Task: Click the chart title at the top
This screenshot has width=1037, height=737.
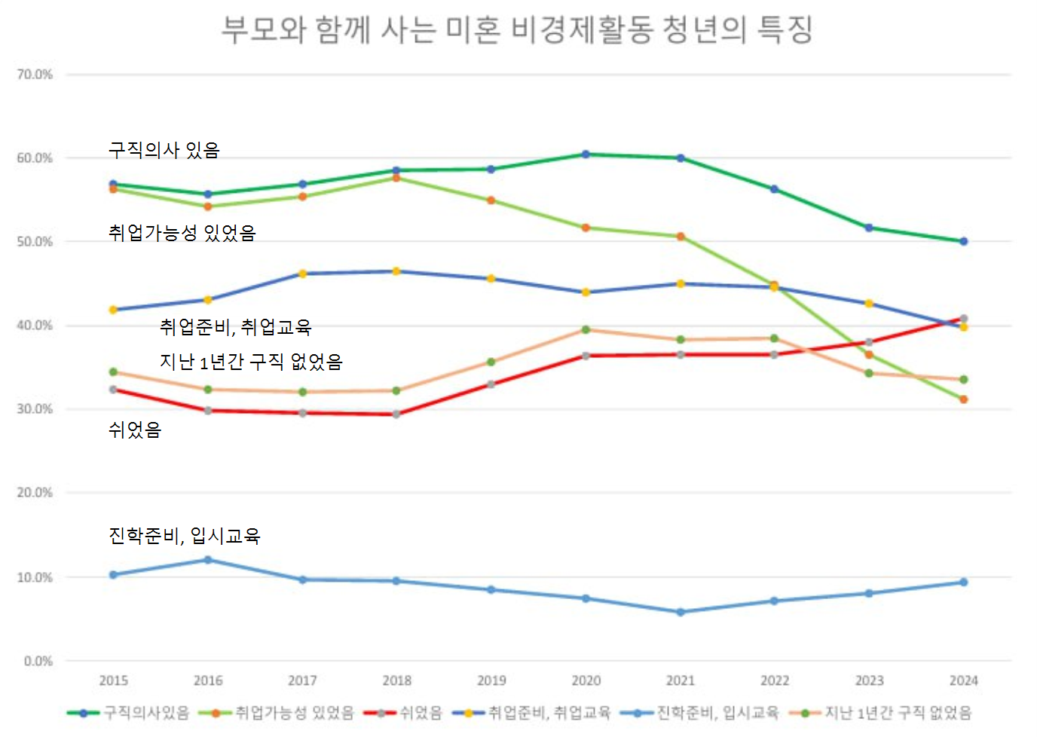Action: click(517, 30)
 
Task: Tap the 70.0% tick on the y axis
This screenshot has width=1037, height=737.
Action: click(35, 75)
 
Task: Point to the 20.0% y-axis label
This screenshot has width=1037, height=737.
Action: click(35, 493)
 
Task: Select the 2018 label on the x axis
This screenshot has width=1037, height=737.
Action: click(397, 680)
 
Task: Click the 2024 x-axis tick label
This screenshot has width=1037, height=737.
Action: click(963, 680)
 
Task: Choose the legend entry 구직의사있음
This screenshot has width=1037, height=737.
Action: click(146, 713)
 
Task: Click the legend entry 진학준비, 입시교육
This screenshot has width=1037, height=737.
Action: click(717, 713)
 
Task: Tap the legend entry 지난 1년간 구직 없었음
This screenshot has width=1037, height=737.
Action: click(898, 713)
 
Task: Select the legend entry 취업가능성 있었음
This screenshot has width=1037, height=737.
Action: click(295, 713)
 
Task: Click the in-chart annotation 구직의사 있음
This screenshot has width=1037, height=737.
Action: click(164, 150)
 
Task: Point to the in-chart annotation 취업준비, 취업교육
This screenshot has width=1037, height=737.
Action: click(236, 327)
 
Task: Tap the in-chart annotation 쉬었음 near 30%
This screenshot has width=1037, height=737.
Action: click(135, 430)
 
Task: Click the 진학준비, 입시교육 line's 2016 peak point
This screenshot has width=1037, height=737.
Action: click(208, 560)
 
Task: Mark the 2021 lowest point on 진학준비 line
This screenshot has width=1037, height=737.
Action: click(681, 612)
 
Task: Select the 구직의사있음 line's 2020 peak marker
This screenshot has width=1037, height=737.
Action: click(586, 154)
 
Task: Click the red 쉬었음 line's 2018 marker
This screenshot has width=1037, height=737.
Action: click(396, 414)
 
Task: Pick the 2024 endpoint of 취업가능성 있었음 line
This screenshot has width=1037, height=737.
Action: click(963, 399)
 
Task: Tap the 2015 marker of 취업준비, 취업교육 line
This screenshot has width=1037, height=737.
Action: click(114, 310)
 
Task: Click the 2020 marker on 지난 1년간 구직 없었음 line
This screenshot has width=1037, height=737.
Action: click(586, 330)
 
